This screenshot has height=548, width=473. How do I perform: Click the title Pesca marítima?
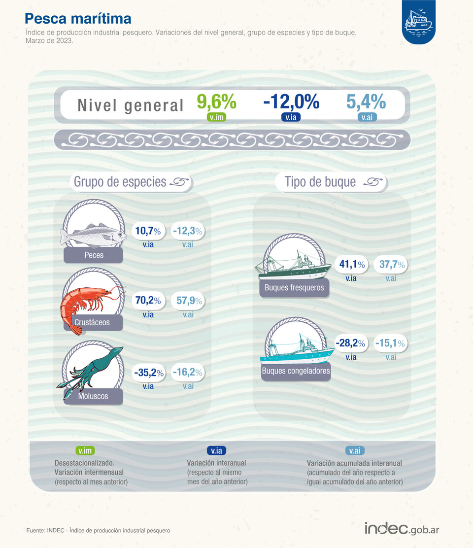point(78,19)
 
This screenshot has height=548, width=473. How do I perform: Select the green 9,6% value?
point(216,102)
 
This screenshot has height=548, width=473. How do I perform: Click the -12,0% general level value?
point(291,102)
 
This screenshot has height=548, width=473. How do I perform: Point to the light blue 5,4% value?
point(366,102)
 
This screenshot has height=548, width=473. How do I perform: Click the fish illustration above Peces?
point(93,234)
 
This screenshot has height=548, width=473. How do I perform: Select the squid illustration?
point(91,372)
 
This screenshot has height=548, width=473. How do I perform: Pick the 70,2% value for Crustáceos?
point(148,300)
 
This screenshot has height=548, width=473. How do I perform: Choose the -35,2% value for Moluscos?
point(148,373)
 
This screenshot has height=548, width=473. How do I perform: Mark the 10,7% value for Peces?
point(148,230)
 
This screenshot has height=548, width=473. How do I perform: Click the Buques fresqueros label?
point(294,288)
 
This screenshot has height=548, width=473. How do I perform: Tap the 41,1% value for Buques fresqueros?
point(351,265)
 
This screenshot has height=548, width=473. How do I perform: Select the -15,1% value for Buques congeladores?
point(391,343)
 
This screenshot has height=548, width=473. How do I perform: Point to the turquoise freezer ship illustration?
point(298,350)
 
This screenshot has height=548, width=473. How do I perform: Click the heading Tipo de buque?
point(320,182)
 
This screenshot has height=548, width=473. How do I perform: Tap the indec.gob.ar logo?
point(402,528)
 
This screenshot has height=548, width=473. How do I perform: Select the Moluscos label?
point(93,396)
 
